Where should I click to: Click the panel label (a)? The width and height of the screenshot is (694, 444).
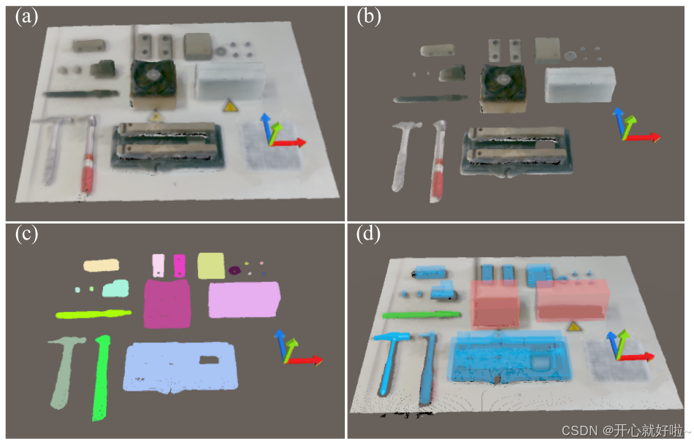(26, 17)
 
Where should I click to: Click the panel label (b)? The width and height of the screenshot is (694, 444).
(368, 17)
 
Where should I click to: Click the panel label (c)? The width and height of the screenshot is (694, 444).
(26, 234)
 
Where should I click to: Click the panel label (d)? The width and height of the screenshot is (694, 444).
(368, 234)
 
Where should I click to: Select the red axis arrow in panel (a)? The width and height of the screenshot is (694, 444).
(289, 142)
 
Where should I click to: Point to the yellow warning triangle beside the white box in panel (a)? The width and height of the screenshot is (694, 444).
(229, 106)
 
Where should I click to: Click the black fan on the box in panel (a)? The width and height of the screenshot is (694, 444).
(153, 78)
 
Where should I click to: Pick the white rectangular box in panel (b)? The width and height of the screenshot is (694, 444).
(580, 85)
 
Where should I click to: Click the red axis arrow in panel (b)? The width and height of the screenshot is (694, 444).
(642, 137)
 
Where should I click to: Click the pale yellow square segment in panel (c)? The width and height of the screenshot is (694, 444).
(210, 266)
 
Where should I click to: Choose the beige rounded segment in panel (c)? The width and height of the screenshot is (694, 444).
(102, 265)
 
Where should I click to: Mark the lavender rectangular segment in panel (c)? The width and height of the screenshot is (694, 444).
(244, 300)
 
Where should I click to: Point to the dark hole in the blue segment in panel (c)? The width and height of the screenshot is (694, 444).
(209, 360)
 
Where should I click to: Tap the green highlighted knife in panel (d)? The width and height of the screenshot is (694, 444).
(421, 315)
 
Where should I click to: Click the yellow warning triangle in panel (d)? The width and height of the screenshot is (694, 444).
(574, 327)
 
